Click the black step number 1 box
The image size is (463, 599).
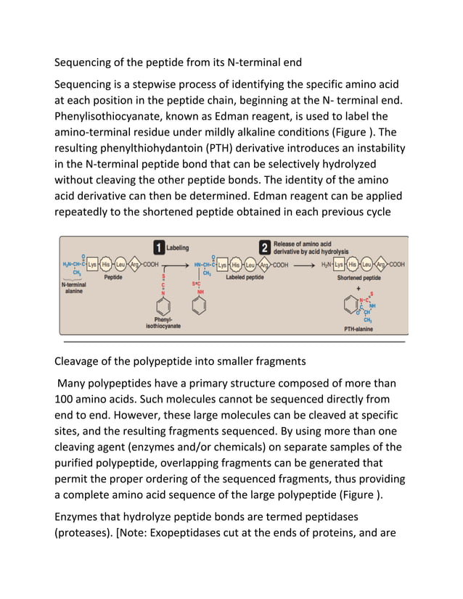pos(157,247)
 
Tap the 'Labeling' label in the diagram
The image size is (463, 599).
pos(178,247)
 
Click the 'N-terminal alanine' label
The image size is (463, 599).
pos(74,288)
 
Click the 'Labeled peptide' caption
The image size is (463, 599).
pos(244,278)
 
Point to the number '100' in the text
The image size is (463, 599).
pos(67,399)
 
